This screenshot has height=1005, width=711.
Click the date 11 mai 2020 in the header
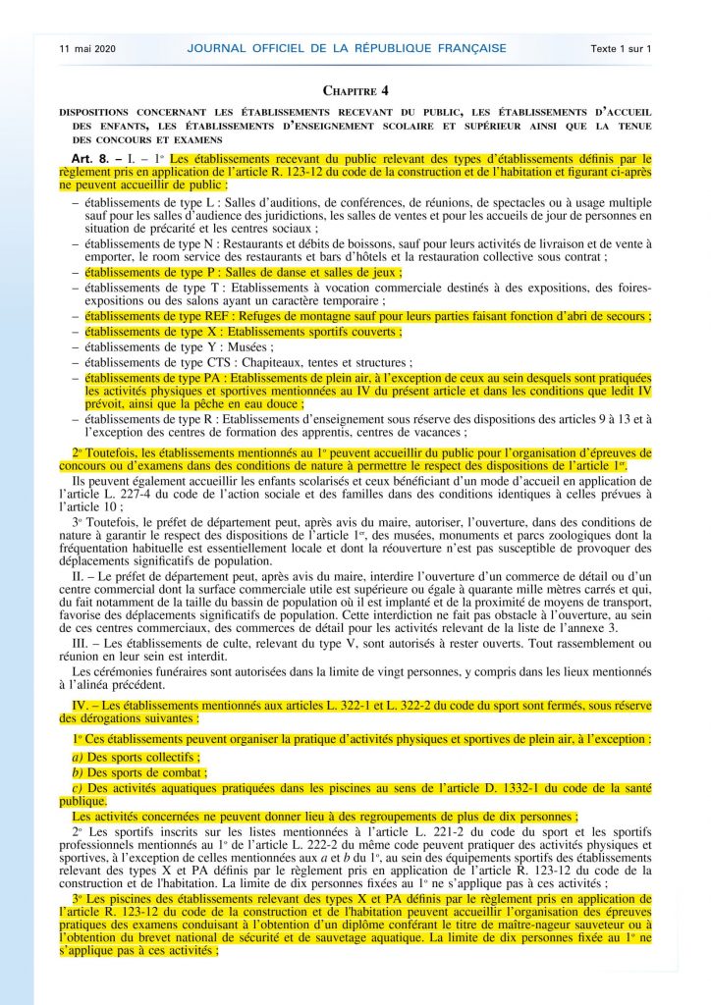tap(86, 48)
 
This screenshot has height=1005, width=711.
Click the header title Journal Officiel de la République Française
tap(347, 48)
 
